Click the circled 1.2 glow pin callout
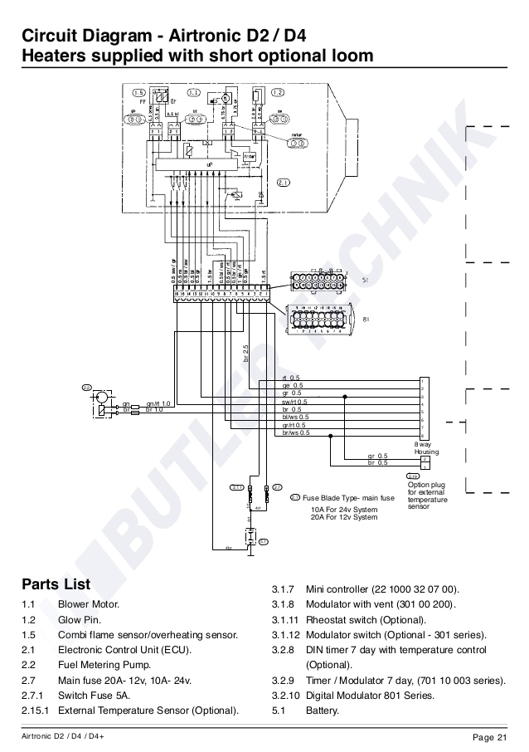point(278,92)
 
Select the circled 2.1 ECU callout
point(283,183)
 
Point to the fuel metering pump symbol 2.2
point(99,403)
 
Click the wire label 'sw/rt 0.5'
point(294,402)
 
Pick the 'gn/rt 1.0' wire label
point(158,403)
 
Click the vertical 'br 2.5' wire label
point(246,352)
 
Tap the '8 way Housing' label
point(426,448)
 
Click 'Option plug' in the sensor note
point(426,485)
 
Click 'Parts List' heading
point(56,584)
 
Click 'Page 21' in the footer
point(489,738)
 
